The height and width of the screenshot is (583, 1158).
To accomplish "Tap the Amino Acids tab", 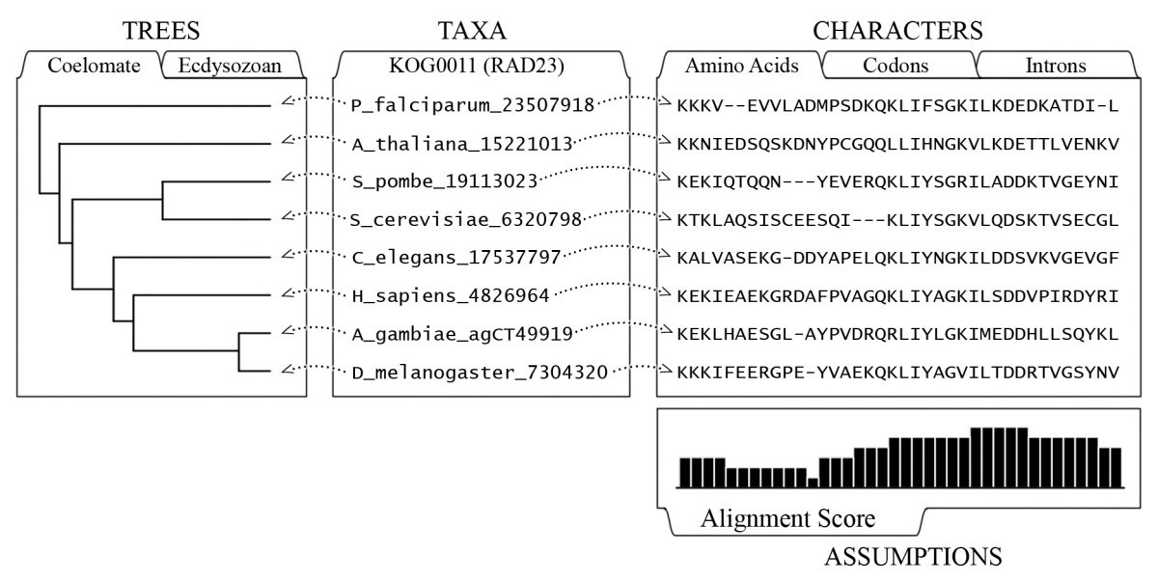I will [741, 67].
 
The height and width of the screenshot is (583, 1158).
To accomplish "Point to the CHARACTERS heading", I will [897, 31].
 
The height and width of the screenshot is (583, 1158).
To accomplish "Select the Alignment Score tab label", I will [788, 519].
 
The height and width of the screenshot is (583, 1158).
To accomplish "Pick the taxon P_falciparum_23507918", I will [472, 104].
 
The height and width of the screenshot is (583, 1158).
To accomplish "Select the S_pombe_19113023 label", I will [445, 181].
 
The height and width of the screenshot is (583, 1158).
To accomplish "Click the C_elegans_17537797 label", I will [455, 258].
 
